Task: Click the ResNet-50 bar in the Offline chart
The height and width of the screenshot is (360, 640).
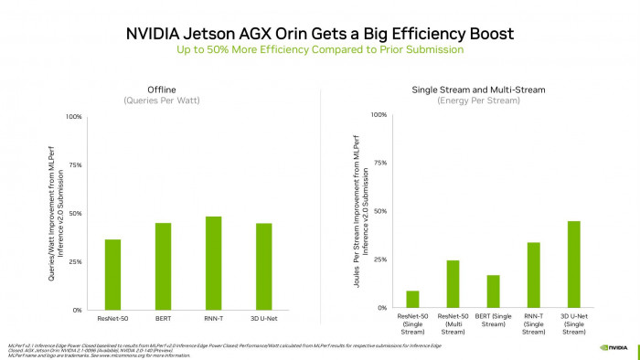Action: pyautogui.click(x=112, y=273)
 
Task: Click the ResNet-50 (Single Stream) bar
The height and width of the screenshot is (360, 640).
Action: pyautogui.click(x=412, y=299)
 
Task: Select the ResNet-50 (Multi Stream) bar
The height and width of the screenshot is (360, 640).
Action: pyautogui.click(x=453, y=284)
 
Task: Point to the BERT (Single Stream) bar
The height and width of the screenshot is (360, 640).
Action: pyautogui.click(x=493, y=291)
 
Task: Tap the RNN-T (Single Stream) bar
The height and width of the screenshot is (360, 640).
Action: pyautogui.click(x=534, y=275)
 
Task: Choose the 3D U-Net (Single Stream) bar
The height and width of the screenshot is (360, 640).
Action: pyautogui.click(x=574, y=264)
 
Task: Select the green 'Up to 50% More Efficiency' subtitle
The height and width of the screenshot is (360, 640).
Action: pyautogui.click(x=319, y=49)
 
